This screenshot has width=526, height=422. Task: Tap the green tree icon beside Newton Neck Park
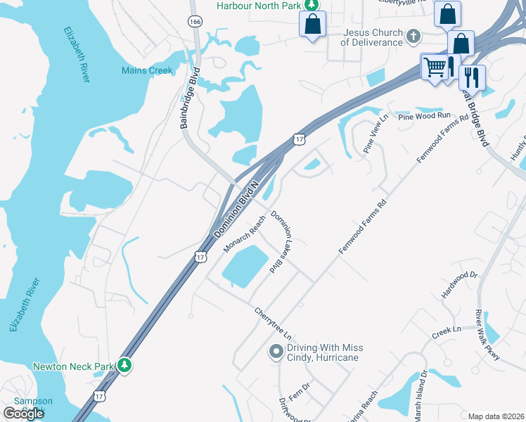[x=124, y=365]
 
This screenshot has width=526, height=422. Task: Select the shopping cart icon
[x=435, y=68]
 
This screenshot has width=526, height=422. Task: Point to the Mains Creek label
[x=147, y=70]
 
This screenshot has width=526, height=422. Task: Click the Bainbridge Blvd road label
[x=190, y=98]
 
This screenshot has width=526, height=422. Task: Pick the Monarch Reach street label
[x=243, y=234]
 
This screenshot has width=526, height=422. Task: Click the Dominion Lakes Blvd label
[x=281, y=241]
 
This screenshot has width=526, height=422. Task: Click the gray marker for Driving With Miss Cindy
[x=276, y=351]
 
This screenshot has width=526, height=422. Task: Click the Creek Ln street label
[x=447, y=330]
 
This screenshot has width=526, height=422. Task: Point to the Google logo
[x=24, y=413]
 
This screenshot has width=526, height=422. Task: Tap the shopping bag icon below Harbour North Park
[x=312, y=24]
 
